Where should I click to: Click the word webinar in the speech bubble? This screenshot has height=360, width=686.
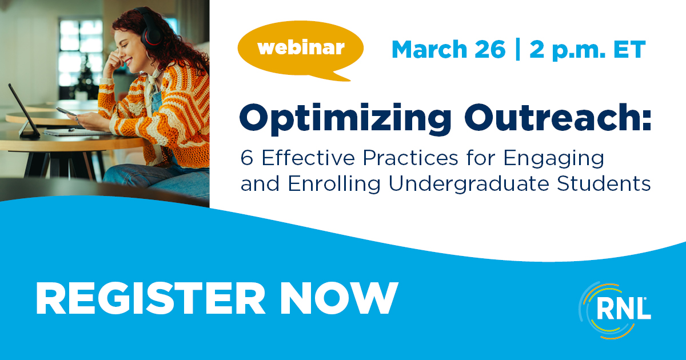coord(301,48)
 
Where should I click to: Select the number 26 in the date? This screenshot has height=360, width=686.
coord(490,50)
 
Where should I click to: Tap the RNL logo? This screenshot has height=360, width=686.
coord(615,310)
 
